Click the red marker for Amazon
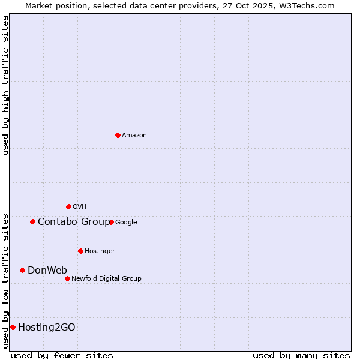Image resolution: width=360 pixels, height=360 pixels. [118, 135]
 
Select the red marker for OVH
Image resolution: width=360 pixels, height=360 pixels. [68, 206]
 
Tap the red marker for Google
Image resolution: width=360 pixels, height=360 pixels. [111, 222]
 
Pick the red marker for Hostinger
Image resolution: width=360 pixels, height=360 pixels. [80, 251]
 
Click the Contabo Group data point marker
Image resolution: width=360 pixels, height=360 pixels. [32, 221]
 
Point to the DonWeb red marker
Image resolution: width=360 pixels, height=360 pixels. [22, 270]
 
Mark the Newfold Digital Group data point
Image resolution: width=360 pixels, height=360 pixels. [67, 278]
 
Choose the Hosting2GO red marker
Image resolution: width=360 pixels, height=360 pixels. [13, 327]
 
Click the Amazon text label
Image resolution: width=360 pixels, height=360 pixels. [134, 136]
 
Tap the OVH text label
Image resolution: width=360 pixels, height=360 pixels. [80, 207]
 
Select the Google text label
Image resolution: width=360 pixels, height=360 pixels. [126, 223]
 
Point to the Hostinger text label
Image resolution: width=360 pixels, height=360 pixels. [100, 251]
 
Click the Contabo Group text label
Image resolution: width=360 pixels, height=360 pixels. [74, 222]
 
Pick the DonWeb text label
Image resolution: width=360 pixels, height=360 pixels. [47, 270]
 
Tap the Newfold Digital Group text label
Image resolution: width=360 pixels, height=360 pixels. [106, 278]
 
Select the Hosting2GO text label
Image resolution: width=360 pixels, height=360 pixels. [47, 327]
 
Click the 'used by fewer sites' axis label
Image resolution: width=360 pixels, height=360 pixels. [62, 355]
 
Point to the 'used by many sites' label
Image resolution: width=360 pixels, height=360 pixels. [301, 355]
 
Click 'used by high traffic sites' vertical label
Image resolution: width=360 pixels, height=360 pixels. [5, 85]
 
